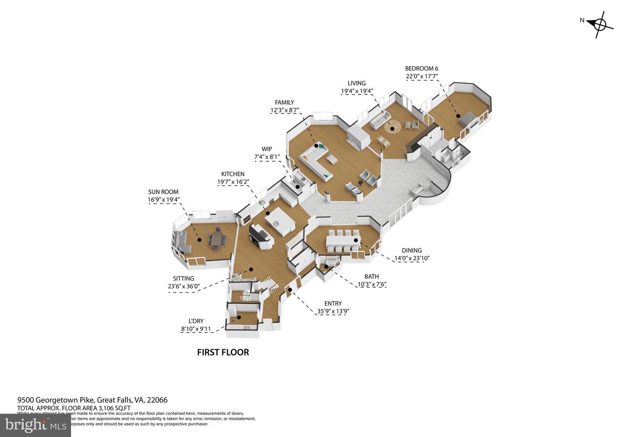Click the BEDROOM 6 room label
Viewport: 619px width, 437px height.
tap(421, 68)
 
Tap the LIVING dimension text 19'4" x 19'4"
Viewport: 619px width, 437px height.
tap(356, 91)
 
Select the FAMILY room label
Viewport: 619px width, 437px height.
tap(284, 102)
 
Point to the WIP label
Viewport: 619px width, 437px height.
tap(267, 149)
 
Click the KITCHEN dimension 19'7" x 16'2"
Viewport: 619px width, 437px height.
tap(233, 182)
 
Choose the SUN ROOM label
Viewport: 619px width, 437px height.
tap(163, 192)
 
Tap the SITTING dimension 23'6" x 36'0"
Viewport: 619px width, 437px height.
tap(184, 286)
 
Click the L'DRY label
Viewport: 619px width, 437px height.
tap(196, 321)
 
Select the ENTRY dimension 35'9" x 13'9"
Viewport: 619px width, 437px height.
tap(333, 312)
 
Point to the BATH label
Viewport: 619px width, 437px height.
tap(371, 276)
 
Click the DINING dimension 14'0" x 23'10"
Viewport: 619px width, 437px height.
tap(412, 258)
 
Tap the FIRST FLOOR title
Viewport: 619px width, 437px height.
tap(223, 352)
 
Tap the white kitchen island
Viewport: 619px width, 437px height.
tap(279, 223)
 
